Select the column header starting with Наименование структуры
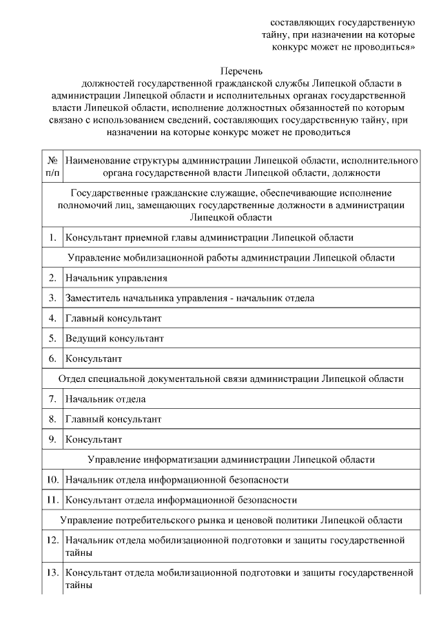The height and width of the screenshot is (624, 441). click(x=241, y=166)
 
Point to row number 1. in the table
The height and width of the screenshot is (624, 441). click(x=52, y=238)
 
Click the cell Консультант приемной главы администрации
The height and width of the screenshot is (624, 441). click(x=209, y=238)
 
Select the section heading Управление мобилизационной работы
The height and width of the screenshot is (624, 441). click(x=231, y=258)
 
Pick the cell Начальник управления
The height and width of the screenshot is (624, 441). click(x=116, y=278)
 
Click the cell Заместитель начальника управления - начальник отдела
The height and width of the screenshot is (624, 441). click(x=190, y=299)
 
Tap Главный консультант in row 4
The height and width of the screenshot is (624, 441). click(x=114, y=319)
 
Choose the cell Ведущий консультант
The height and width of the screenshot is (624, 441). click(x=115, y=339)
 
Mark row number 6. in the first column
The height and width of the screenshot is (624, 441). click(x=52, y=359)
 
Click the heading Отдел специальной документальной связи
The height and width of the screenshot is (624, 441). click(x=231, y=379)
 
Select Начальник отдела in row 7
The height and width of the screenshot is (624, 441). click(x=105, y=399)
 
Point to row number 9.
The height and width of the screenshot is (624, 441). click(x=52, y=439)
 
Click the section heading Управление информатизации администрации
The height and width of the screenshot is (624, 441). click(x=231, y=459)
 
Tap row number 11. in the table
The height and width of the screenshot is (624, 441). click(x=52, y=499)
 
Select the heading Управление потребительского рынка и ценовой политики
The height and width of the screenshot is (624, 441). click(x=231, y=519)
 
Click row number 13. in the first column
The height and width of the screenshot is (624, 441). click(x=52, y=572)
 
